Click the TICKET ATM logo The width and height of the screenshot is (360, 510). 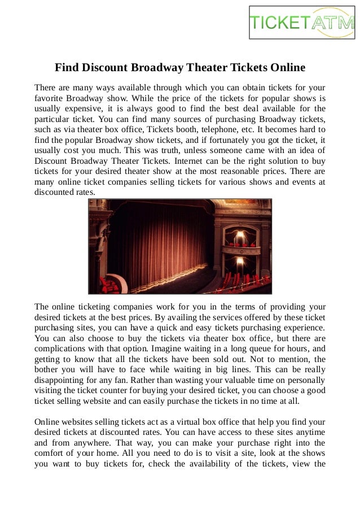(x=302, y=22)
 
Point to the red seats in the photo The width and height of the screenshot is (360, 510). (x=237, y=280)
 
